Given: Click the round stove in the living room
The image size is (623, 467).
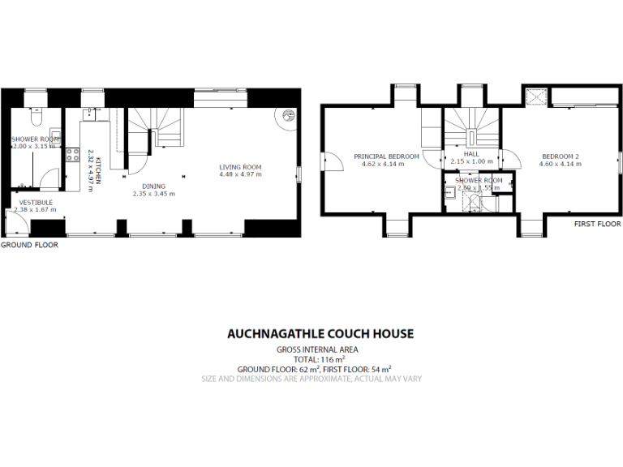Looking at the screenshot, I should coord(289,116).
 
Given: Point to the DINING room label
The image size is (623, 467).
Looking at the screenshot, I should coord(153,186).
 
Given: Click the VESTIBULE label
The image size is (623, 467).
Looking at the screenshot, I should coord(35,202).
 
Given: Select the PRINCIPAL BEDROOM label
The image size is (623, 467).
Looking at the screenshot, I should coord(386,156).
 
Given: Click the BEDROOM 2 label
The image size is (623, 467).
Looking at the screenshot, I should coord(560,156).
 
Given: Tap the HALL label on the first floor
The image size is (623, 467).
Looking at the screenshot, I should coord(471,153).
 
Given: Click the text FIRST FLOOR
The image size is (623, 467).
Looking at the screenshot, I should coord(596,223).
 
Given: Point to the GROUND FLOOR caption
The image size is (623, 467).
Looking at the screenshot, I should coord(29,244).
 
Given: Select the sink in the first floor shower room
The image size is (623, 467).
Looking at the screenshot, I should coord(449,192).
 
